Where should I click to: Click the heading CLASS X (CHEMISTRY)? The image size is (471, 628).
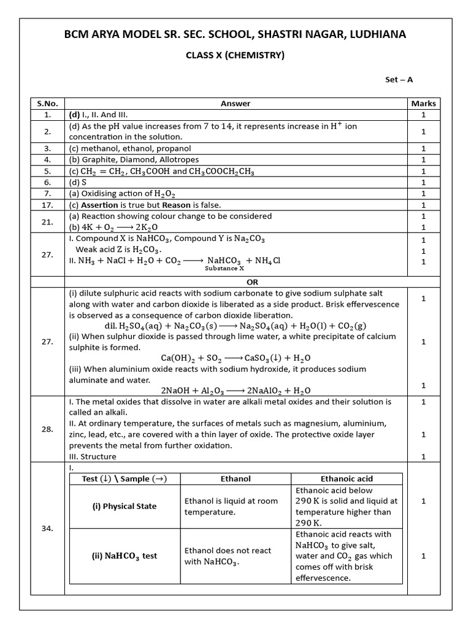tap(235, 56)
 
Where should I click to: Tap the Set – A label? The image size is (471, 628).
tap(399, 80)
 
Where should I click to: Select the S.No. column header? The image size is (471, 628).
tap(47, 104)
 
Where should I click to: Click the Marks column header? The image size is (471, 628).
tap(423, 104)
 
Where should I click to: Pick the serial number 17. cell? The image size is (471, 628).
tap(47, 205)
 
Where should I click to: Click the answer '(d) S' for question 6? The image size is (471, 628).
tap(80, 182)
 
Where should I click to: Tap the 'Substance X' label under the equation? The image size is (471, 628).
tap(224, 268)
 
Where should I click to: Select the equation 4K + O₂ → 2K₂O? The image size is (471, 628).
tap(105, 227)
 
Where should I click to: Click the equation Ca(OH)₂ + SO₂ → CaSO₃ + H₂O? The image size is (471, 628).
tap(235, 358)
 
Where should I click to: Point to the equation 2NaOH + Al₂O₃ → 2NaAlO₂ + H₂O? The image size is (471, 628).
tap(235, 391)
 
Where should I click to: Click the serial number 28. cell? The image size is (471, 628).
tap(47, 429)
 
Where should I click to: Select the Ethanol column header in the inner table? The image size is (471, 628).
tap(235, 479)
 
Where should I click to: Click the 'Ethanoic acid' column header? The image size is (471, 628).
tap(347, 479)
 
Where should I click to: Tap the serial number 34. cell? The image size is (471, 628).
tap(47, 528)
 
